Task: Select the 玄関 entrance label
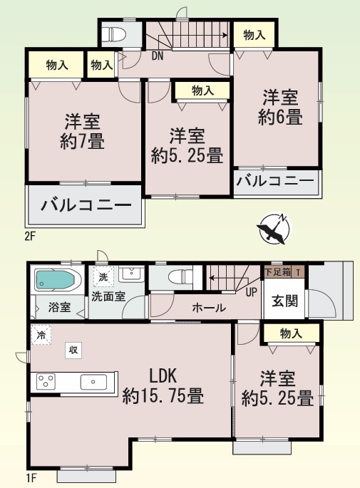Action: [x=284, y=301]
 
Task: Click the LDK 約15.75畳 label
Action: [x=163, y=385]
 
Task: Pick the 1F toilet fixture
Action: [x=180, y=276]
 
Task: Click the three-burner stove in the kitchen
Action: [x=46, y=382]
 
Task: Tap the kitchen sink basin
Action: [x=93, y=382]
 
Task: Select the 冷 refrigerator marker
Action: [x=41, y=336]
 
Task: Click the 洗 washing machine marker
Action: [x=103, y=276]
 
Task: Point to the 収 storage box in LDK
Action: [x=73, y=350]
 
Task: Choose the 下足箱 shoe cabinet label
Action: [x=277, y=272]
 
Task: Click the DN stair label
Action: [x=158, y=56]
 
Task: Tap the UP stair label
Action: [x=252, y=292]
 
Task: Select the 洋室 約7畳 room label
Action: [x=82, y=132]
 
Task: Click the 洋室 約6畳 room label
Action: [x=280, y=107]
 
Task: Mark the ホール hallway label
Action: [x=209, y=308]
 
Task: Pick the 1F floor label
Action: [x=31, y=478]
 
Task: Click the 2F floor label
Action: [x=30, y=237]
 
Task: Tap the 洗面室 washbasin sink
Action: [x=131, y=274]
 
